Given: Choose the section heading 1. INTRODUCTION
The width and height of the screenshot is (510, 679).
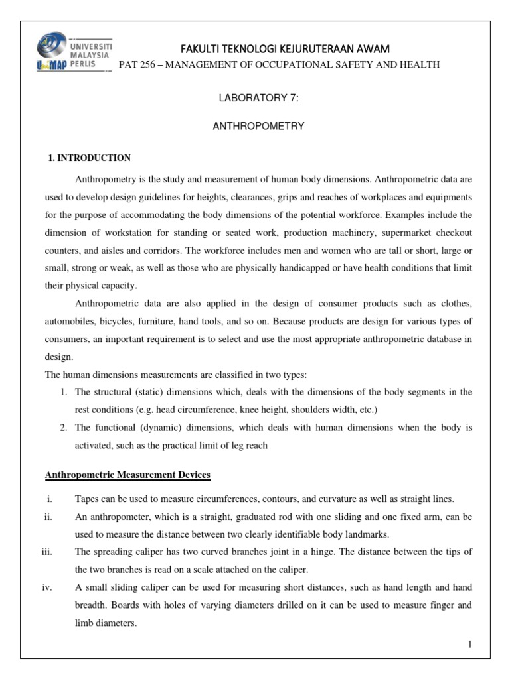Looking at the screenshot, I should click(x=90, y=158).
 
